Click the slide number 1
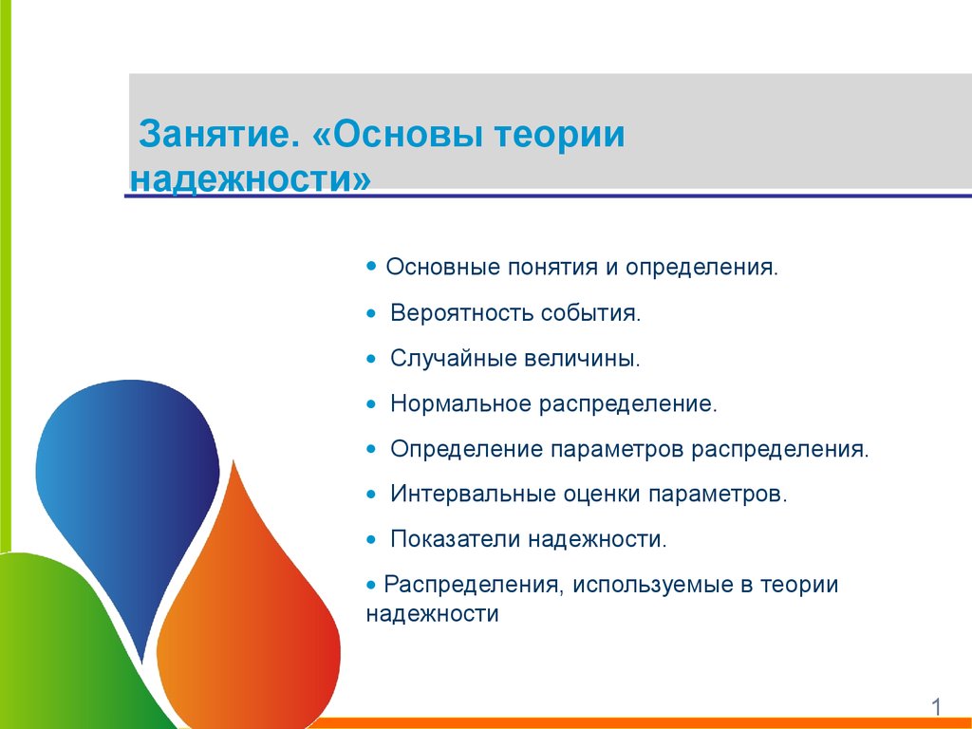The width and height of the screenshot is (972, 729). click(936, 706)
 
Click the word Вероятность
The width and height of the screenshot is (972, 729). click(461, 313)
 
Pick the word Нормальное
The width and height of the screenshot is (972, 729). click(460, 403)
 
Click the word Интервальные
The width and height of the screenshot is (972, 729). click(473, 494)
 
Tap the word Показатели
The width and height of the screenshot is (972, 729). click(455, 539)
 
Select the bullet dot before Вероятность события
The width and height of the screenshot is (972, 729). click(371, 313)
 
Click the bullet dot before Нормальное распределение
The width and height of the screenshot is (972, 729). click(371, 404)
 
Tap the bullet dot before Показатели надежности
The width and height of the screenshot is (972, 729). click(371, 540)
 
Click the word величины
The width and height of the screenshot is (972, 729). click(582, 359)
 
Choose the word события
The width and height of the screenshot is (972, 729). click(590, 313)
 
